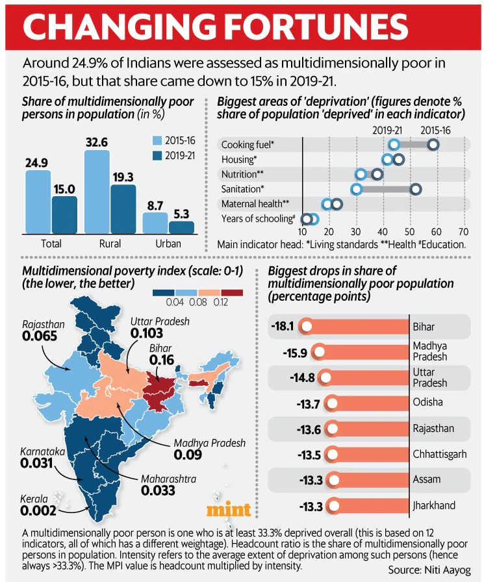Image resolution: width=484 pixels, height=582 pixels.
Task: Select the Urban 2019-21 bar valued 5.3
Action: coord(181,227)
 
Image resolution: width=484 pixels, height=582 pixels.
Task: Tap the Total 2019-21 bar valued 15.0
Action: coord(64,214)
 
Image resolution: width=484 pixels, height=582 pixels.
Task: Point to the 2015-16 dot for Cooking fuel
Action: coord(432,144)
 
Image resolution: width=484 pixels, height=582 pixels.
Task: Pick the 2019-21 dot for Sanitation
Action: coord(356,189)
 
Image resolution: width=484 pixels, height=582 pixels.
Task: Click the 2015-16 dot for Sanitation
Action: coord(416,189)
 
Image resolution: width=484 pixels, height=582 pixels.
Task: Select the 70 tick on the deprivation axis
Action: coord(463,232)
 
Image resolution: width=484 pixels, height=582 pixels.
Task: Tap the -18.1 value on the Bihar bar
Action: coord(283,327)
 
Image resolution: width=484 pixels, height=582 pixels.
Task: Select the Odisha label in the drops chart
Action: coord(427,402)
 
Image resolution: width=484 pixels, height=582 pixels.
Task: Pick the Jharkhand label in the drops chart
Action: coord(433,505)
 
